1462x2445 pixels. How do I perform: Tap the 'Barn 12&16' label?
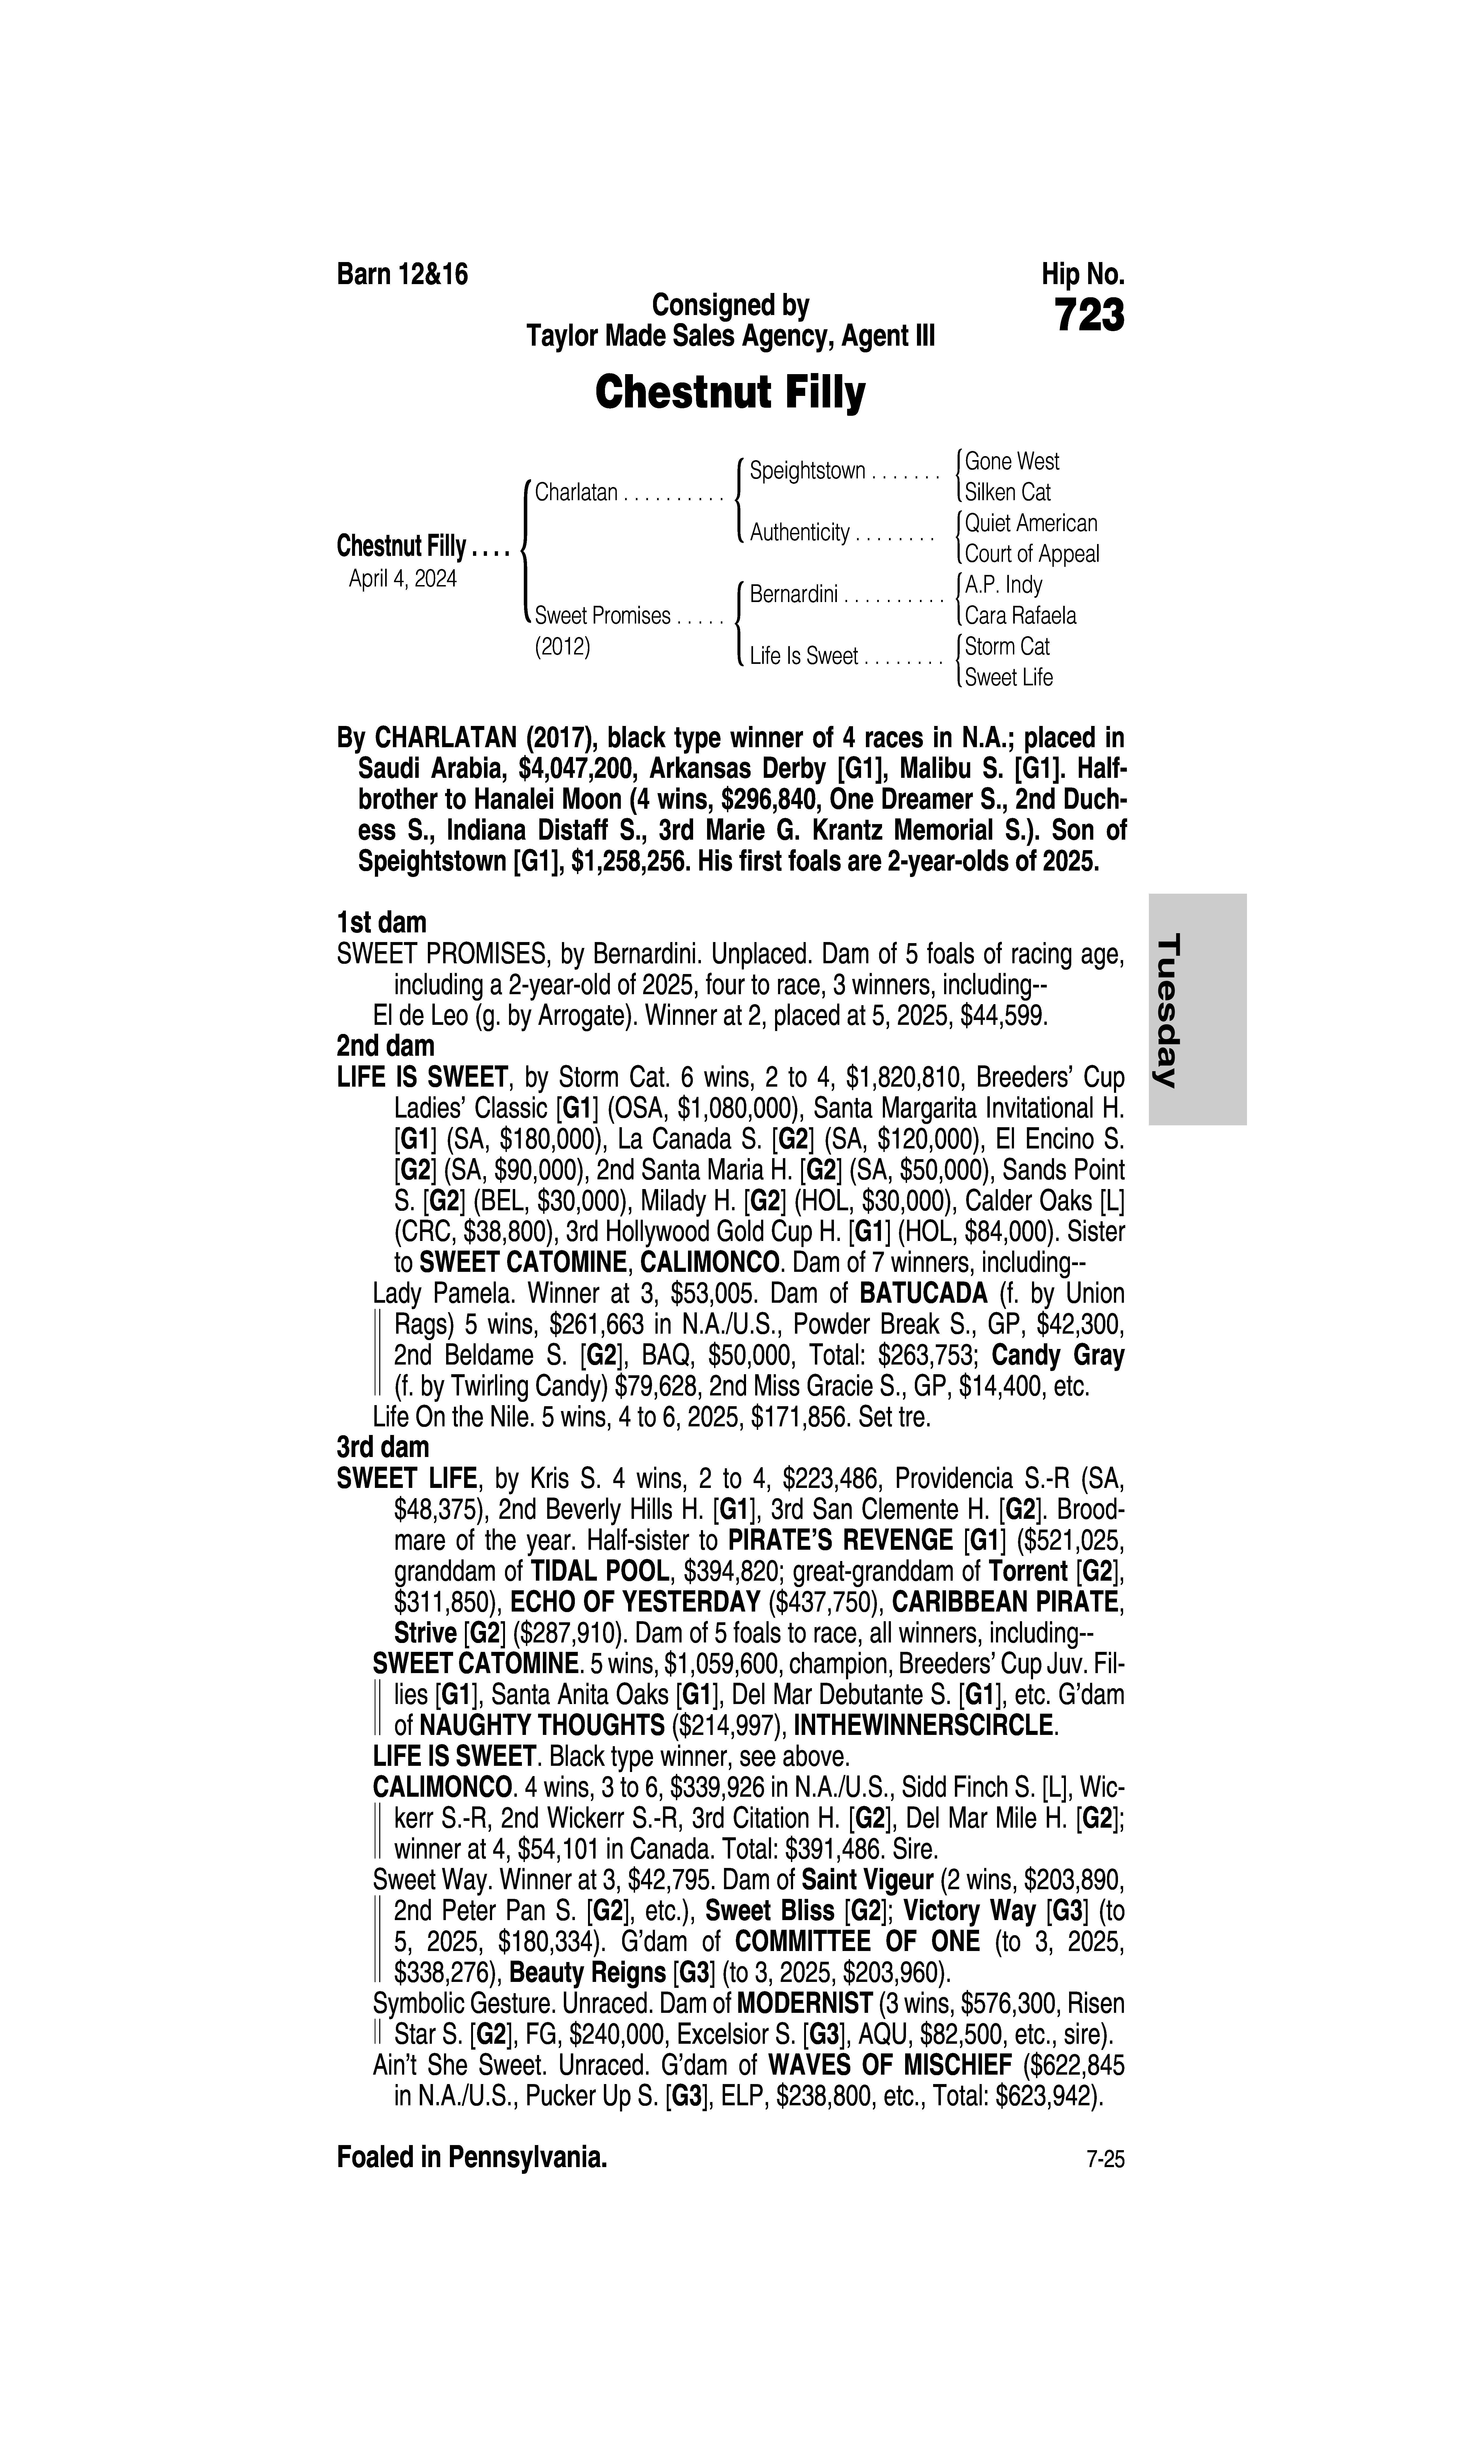402,275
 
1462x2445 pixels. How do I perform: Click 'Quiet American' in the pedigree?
1030,523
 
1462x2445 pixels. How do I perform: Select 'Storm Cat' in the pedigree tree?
1007,646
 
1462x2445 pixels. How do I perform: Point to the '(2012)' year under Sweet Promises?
561,647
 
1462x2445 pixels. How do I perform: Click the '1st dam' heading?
381,923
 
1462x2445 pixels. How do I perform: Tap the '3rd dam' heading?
383,1447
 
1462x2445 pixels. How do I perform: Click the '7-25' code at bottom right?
1104,2160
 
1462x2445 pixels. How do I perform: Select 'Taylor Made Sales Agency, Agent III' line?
730,337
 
